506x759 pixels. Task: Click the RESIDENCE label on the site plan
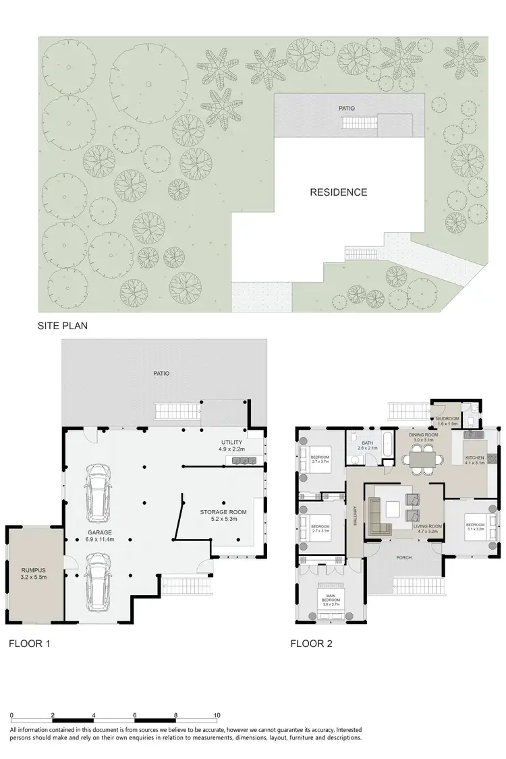pos(338,192)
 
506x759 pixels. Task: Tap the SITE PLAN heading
pos(63,325)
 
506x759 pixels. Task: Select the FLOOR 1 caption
pos(29,643)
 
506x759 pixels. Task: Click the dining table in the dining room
pos(423,459)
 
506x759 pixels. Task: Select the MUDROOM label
pos(447,419)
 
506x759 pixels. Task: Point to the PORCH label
pos(405,557)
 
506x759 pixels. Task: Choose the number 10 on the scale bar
pos(217,714)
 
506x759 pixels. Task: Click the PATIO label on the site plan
pos(347,108)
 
